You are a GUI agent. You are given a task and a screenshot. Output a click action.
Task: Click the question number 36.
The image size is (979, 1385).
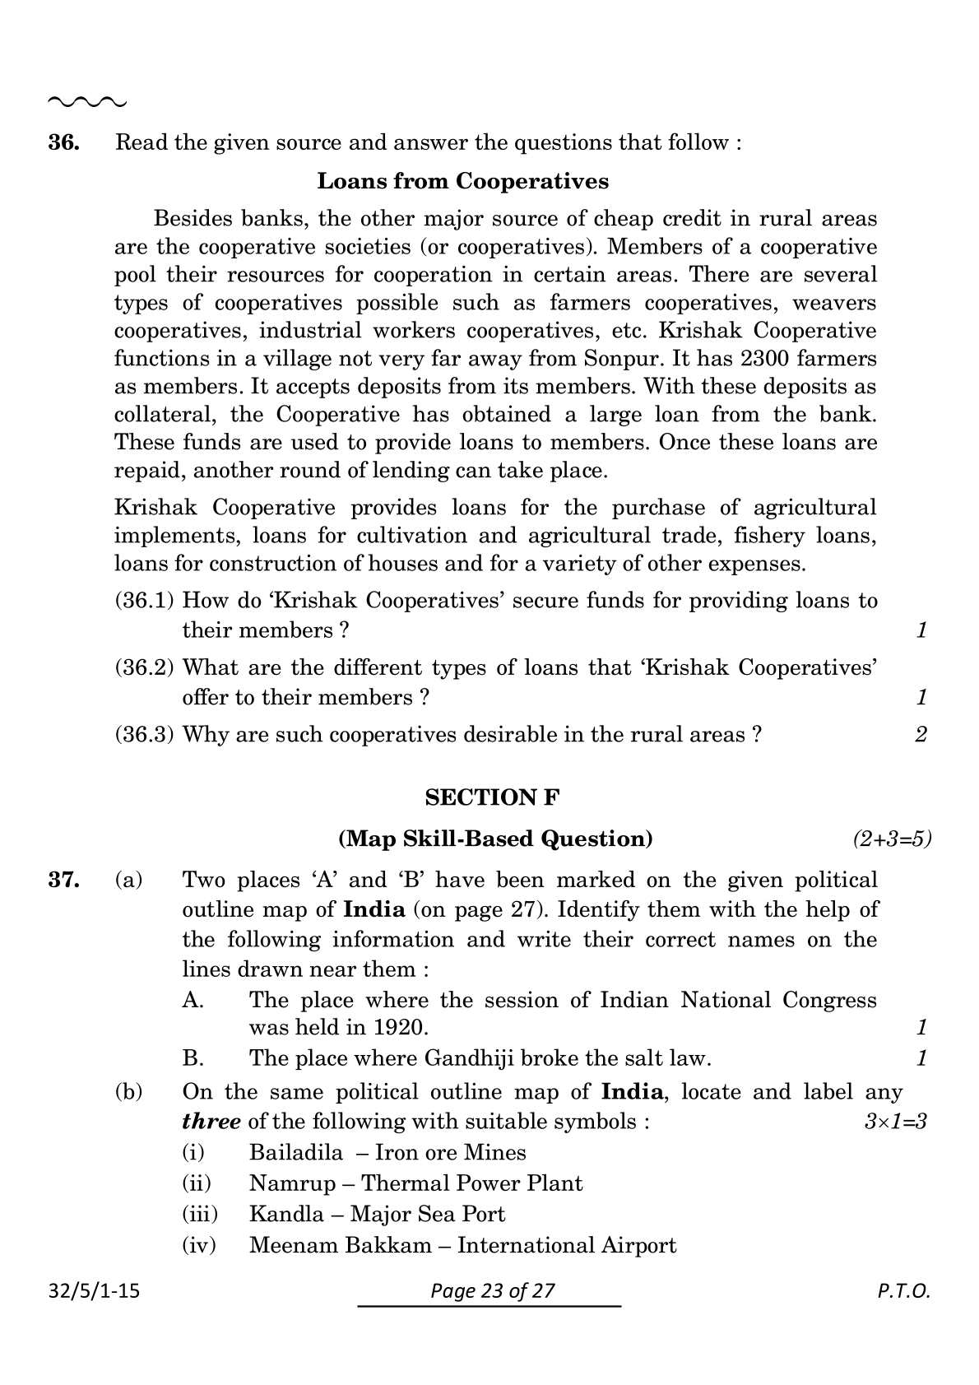[64, 142]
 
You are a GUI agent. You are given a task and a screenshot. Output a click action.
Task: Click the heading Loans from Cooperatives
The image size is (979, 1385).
[462, 181]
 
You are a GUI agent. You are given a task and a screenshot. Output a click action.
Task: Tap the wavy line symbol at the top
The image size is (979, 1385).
[87, 103]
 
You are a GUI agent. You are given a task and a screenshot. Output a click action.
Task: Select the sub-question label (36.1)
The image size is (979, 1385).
[144, 601]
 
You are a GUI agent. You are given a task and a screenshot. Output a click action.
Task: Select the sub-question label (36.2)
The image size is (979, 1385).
[144, 667]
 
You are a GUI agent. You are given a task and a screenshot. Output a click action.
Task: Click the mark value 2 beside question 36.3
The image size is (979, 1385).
[921, 734]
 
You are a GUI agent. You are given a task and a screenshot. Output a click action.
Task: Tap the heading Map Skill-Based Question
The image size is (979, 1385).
[495, 839]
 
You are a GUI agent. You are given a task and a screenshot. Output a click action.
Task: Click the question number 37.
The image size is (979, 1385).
[64, 881]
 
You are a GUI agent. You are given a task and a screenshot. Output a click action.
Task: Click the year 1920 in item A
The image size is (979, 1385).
[400, 1027]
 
